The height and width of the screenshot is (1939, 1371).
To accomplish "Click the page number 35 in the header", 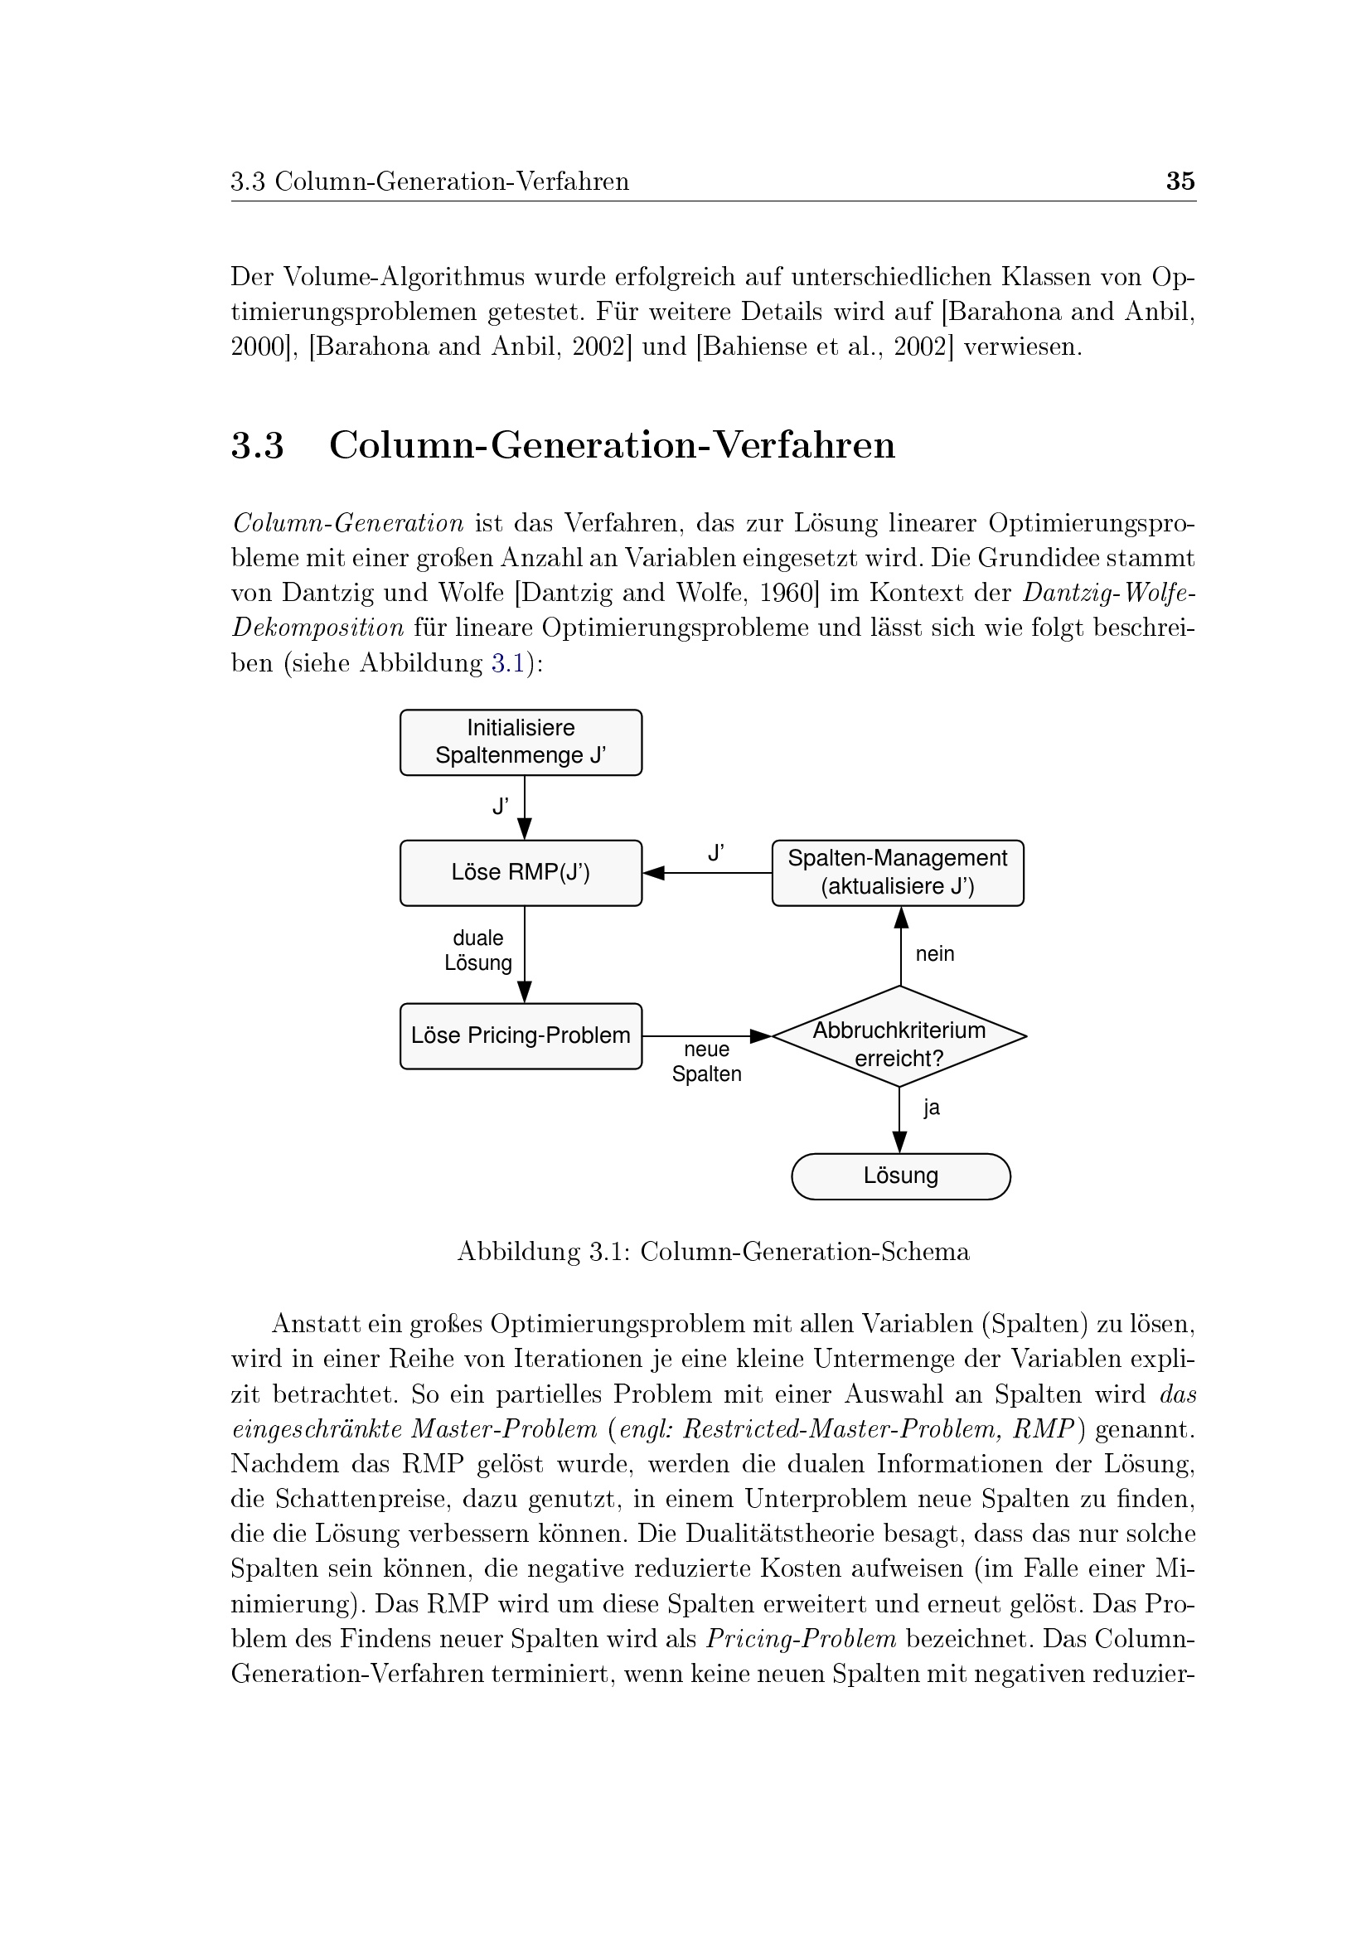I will [x=1180, y=181].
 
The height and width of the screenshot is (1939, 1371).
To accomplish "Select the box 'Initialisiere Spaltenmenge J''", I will [x=520, y=741].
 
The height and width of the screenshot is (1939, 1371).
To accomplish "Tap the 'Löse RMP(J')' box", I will [x=520, y=872].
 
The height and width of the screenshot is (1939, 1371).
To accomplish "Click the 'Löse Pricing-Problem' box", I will [x=520, y=1035].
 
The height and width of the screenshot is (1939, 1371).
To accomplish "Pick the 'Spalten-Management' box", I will [x=898, y=872].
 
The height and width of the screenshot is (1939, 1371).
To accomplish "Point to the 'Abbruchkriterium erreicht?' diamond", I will [x=899, y=1036].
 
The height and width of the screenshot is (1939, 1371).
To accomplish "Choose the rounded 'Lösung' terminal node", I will [x=901, y=1176].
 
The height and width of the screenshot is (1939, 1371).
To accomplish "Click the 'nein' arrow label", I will [x=934, y=953].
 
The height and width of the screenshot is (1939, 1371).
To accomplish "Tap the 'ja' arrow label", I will [x=931, y=1108].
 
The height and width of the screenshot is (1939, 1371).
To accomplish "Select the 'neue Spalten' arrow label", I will [x=706, y=1062].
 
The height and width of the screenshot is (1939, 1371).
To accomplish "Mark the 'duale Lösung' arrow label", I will [x=478, y=950].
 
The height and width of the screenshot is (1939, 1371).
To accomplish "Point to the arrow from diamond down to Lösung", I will [x=900, y=1119].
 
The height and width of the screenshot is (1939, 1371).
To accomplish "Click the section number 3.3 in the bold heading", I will [x=258, y=445].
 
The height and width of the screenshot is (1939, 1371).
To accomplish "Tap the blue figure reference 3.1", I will [x=508, y=663].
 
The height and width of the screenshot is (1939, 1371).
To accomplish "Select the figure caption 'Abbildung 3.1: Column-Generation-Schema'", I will [x=714, y=1251].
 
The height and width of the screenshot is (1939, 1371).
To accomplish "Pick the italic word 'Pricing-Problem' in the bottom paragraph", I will [x=802, y=1638].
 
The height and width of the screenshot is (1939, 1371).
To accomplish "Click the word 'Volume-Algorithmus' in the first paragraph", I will [x=404, y=276].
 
